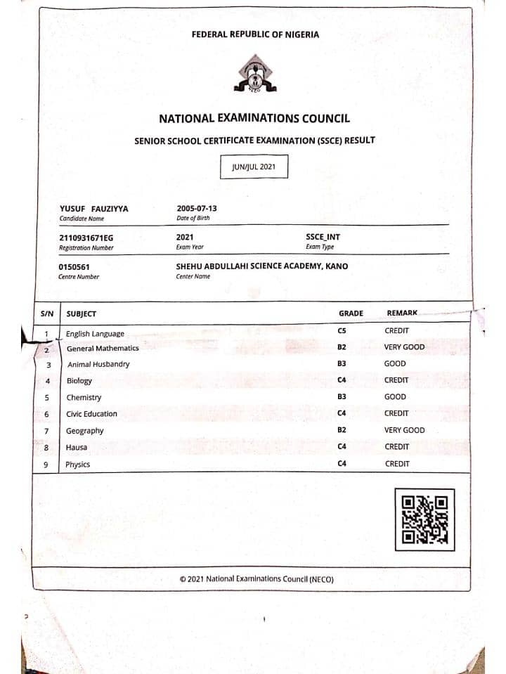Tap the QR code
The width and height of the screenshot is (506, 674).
click(424, 520)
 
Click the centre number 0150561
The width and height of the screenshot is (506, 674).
click(74, 267)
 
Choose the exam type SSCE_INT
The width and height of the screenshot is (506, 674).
click(323, 238)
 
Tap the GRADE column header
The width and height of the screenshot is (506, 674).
click(351, 313)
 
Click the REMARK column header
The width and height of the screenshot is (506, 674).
click(402, 313)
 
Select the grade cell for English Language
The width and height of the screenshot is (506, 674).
click(342, 330)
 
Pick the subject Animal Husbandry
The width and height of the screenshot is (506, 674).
click(98, 364)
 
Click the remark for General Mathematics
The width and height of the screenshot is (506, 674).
click(404, 347)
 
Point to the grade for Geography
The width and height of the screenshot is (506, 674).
click(342, 429)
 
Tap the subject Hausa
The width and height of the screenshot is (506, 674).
click(76, 447)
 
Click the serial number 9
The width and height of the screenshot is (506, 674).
click(47, 464)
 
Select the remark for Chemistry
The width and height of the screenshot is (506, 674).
click(395, 397)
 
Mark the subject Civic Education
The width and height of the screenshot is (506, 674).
click(91, 414)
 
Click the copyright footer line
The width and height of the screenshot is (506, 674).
click(256, 579)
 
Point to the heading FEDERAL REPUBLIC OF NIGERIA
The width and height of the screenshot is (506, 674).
click(254, 34)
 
